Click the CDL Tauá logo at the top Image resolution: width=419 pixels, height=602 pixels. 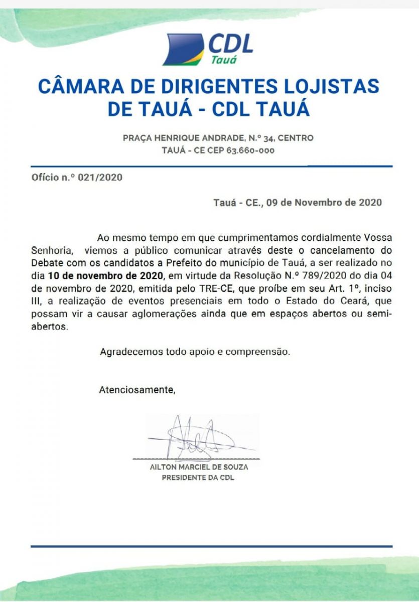(209, 49)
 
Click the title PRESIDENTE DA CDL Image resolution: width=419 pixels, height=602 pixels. (198, 478)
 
